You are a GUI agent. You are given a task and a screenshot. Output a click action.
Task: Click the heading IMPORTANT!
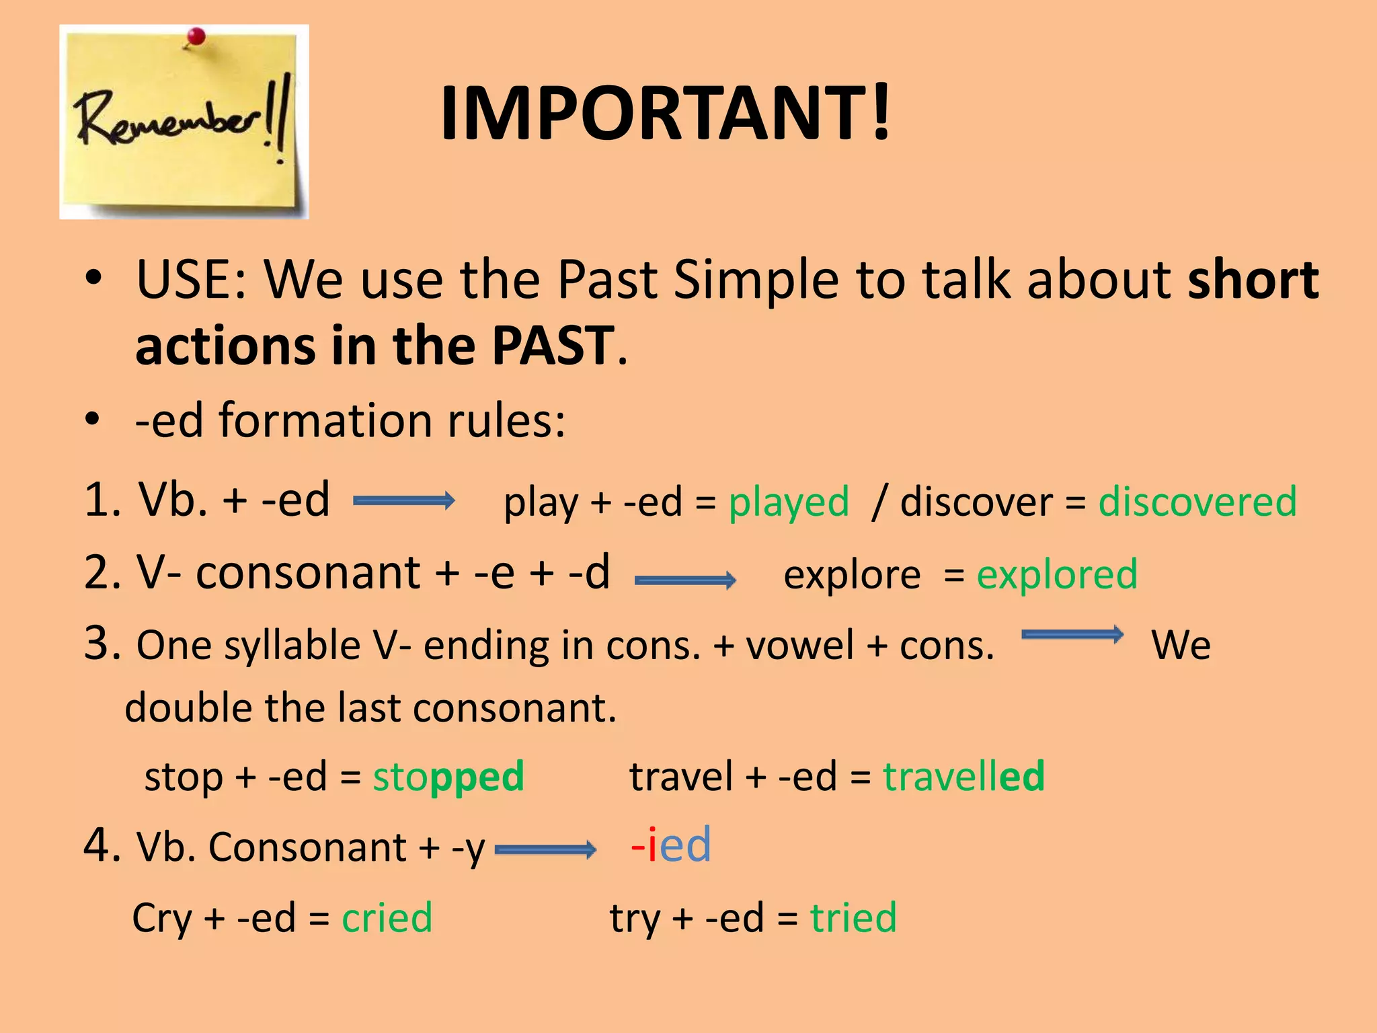click(666, 113)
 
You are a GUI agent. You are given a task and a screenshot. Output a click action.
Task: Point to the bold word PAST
click(553, 345)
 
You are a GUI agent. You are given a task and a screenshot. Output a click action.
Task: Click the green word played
click(789, 502)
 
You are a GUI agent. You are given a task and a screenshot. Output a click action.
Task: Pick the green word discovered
click(1197, 502)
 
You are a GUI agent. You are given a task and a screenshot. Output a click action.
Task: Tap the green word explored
click(1057, 574)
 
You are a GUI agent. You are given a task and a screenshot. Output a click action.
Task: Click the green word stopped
click(448, 776)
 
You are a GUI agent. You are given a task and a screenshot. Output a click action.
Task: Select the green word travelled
click(963, 776)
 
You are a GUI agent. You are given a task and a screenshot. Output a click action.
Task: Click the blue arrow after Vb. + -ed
click(403, 500)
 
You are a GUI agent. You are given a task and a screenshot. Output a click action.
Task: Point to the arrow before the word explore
click(685, 580)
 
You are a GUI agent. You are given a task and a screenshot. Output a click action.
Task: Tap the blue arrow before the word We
click(1072, 634)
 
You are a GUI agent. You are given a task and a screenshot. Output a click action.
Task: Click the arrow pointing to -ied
click(545, 850)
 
